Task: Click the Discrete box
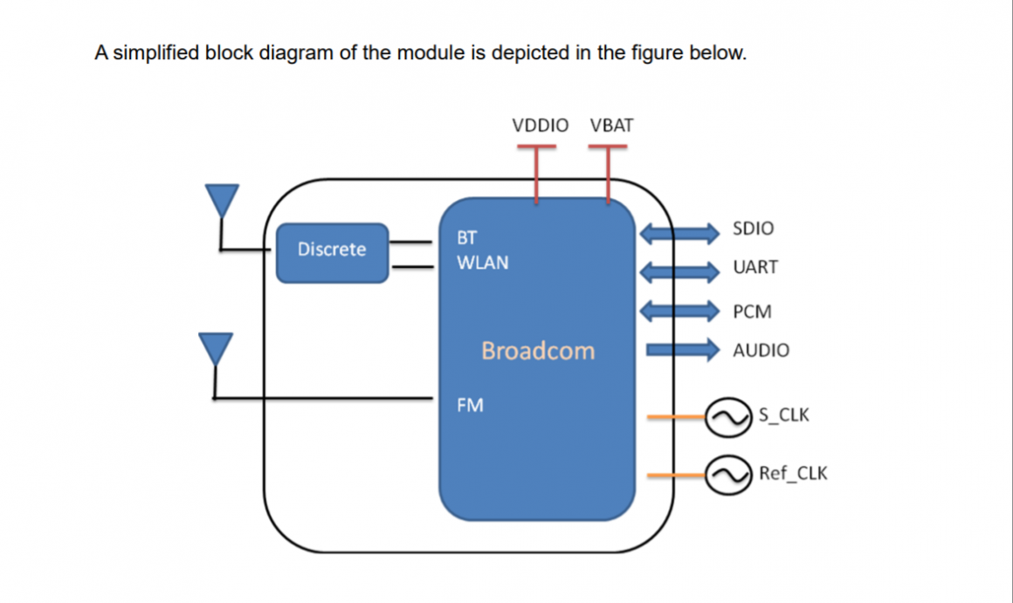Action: [x=332, y=252]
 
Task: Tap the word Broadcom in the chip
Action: [x=537, y=351]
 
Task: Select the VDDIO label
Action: [x=540, y=126]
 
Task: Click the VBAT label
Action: [x=611, y=126]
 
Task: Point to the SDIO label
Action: [x=753, y=229]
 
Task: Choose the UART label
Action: [x=755, y=268]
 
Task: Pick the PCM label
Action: [x=753, y=312]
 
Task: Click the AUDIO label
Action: [x=761, y=351]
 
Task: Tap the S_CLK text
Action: [x=783, y=415]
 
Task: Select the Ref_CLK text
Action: [x=792, y=474]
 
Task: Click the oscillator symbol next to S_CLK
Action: [x=727, y=418]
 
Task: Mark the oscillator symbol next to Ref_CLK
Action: [x=727, y=476]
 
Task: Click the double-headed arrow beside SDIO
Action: [x=680, y=233]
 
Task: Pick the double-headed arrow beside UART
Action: [x=680, y=271]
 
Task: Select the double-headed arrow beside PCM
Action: [x=680, y=310]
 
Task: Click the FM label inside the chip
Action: [x=470, y=406]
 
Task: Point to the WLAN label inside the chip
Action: [x=482, y=263]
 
